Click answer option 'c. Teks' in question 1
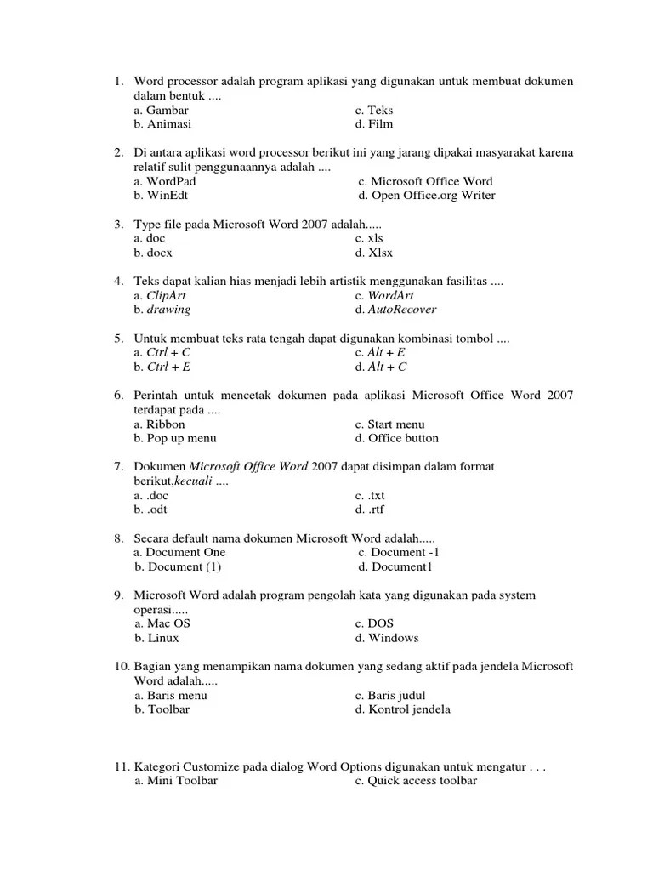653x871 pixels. point(374,111)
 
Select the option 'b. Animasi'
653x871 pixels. point(162,124)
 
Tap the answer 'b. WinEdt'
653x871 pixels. point(161,196)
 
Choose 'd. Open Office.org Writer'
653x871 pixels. point(426,196)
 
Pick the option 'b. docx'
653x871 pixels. point(153,253)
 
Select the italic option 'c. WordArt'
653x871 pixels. point(384,295)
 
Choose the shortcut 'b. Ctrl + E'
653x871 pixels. point(162,367)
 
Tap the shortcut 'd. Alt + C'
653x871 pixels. point(381,367)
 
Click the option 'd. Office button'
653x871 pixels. point(397,438)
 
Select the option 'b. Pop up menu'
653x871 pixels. point(175,438)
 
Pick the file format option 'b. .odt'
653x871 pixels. point(151,510)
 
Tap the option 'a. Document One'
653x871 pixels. point(180,552)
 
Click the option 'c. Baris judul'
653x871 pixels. point(390,695)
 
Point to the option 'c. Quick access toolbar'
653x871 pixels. point(416,781)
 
